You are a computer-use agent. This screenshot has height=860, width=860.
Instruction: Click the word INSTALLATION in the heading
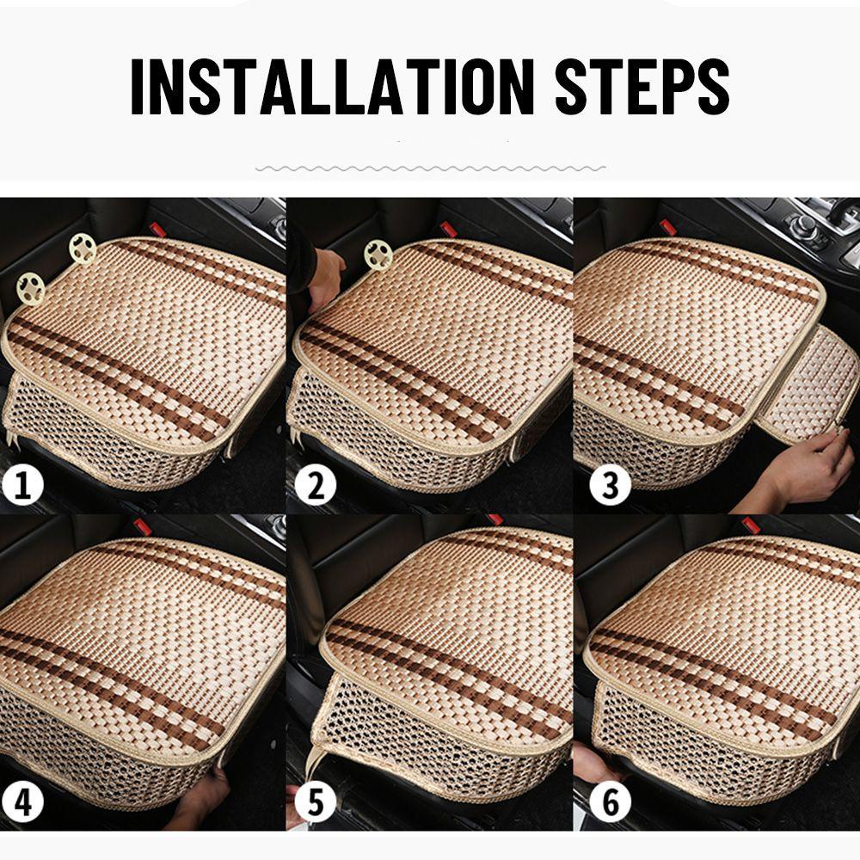pyautogui.click(x=332, y=86)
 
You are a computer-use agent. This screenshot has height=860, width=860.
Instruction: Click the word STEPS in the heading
pyautogui.click(x=642, y=86)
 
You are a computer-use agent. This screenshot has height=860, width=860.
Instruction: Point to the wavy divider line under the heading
pyautogui.click(x=431, y=169)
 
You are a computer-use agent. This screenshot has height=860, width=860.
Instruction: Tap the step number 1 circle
pyautogui.click(x=22, y=484)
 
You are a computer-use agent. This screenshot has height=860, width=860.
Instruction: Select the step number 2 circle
pyautogui.click(x=316, y=484)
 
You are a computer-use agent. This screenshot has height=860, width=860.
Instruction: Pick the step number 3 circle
pyautogui.click(x=610, y=484)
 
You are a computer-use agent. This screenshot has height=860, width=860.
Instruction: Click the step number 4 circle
pyautogui.click(x=22, y=802)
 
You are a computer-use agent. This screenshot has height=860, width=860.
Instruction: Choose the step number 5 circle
pyautogui.click(x=316, y=802)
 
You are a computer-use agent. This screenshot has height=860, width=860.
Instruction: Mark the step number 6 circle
pyautogui.click(x=610, y=802)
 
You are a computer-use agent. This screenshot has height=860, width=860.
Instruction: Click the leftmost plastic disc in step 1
pyautogui.click(x=30, y=287)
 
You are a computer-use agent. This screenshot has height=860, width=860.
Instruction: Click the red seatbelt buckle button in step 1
pyautogui.click(x=158, y=228)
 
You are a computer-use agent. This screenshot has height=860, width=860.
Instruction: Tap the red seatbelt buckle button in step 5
pyautogui.click(x=496, y=519)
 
